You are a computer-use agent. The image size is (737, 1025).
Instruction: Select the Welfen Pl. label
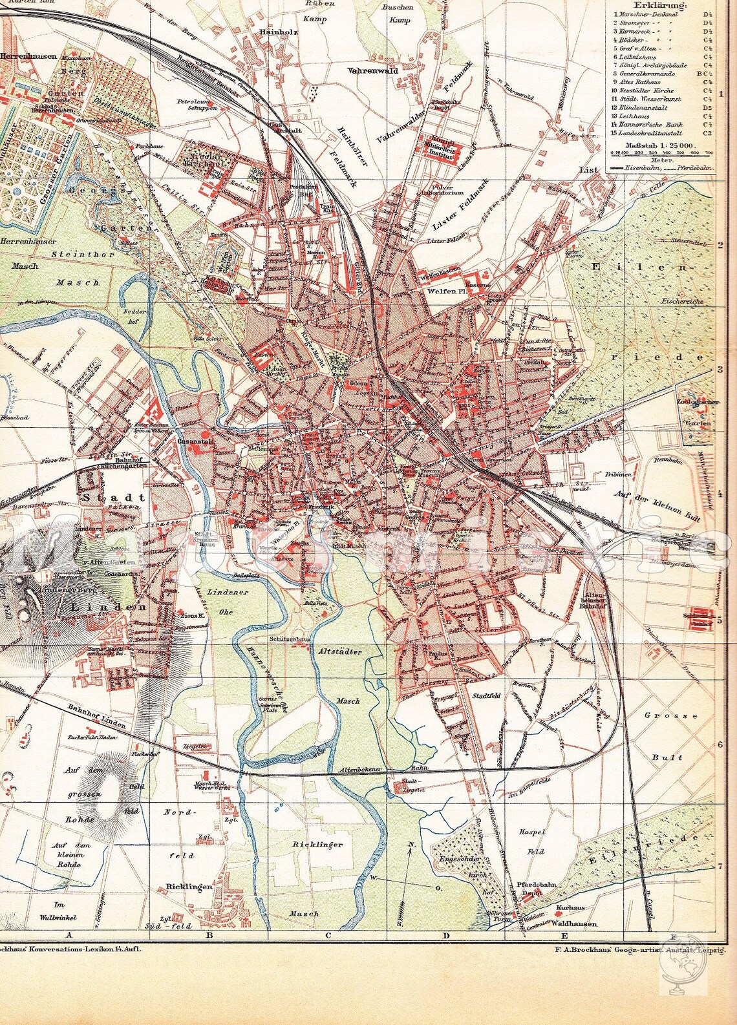443,291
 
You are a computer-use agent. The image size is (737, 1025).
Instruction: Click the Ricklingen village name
189,887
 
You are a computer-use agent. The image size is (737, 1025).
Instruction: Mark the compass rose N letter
411,845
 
